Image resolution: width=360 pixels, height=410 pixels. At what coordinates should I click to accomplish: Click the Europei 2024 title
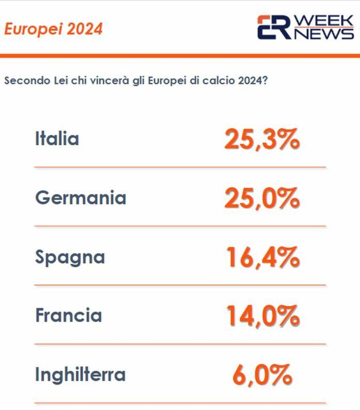tap(53, 29)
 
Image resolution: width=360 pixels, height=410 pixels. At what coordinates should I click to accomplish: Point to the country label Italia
tap(57, 139)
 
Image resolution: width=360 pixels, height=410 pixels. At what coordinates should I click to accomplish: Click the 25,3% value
tap(262, 139)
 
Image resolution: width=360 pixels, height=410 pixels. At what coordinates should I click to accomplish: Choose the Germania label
tap(81, 198)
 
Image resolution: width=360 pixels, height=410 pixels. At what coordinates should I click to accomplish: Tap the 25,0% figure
tap(262, 198)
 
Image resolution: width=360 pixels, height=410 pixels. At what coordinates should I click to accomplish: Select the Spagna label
tap(70, 257)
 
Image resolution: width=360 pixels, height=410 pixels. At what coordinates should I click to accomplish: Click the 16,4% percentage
tap(263, 257)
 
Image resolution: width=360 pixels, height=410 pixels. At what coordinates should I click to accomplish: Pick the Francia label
tap(68, 315)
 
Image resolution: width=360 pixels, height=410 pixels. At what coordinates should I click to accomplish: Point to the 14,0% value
tap(263, 316)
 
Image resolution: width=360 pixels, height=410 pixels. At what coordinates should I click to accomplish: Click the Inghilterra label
tap(80, 374)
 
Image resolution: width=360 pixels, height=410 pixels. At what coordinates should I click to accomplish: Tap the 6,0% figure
tap(262, 375)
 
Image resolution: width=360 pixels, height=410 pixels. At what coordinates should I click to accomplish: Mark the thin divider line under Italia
tap(180, 167)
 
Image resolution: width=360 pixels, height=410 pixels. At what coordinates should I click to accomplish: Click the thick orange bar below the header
tap(180, 55)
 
